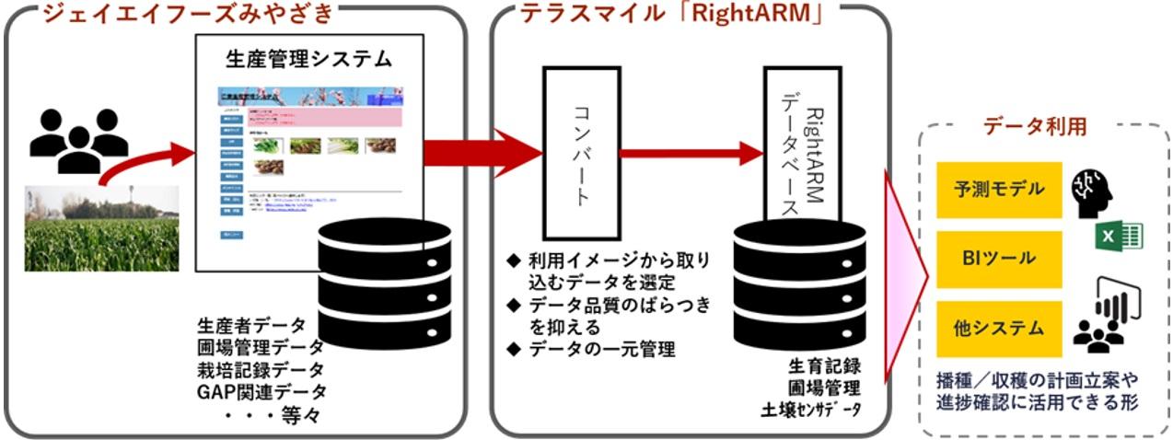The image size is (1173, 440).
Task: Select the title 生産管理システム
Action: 308,60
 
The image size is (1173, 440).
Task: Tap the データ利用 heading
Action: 1033,127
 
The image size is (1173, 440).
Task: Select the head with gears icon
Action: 1094,190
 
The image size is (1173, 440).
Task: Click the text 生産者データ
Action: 254,326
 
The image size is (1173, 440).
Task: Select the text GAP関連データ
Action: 261,392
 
